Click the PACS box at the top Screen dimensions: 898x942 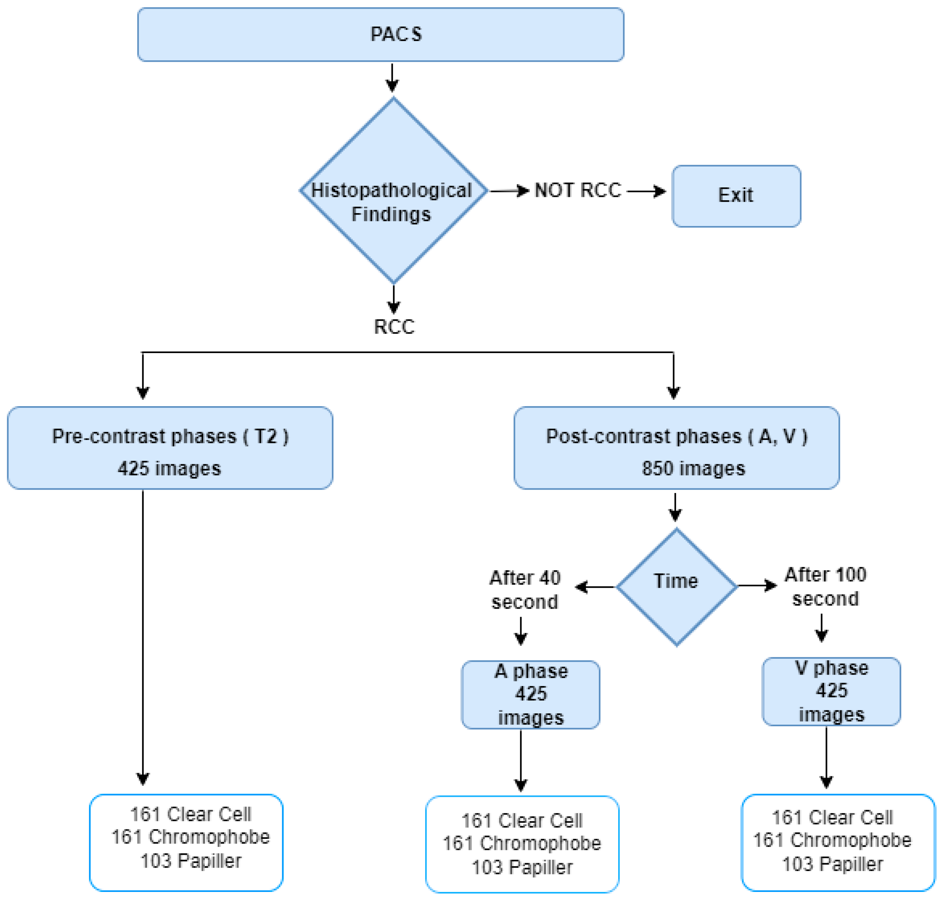click(380, 35)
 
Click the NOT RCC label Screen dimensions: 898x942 click(577, 190)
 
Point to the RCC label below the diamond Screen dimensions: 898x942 click(394, 327)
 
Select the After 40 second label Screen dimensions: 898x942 click(524, 590)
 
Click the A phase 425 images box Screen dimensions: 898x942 click(531, 695)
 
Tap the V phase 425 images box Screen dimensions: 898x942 click(831, 691)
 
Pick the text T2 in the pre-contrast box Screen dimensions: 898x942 click(265, 436)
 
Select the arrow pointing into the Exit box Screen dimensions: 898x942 click(646, 192)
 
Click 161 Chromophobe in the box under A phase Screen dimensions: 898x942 click(522, 843)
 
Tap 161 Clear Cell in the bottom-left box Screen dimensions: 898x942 click(190, 814)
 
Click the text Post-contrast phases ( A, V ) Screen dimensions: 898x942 click(676, 436)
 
